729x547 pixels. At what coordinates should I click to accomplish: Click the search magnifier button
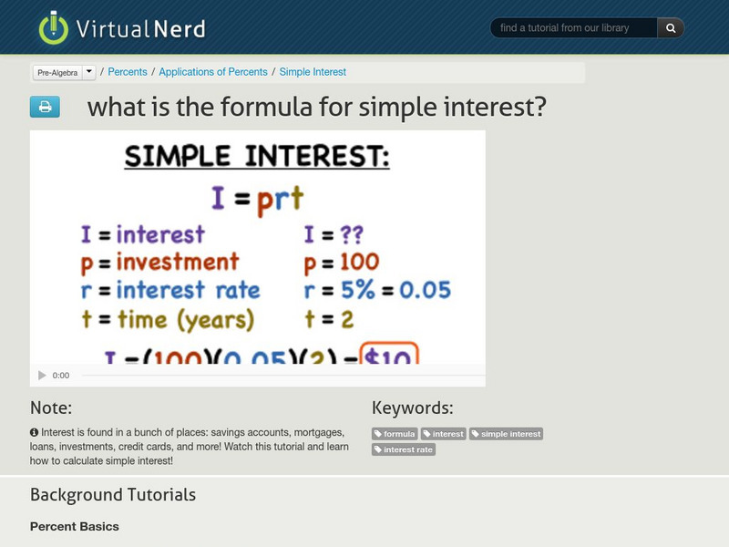tap(671, 28)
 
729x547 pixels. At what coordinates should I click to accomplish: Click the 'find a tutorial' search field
tap(574, 28)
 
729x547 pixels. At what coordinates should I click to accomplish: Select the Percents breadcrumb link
tap(128, 72)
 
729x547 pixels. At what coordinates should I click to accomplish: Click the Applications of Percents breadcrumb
tap(214, 72)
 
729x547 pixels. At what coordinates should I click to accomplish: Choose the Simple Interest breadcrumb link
tap(313, 72)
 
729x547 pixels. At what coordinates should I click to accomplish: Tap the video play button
tap(42, 375)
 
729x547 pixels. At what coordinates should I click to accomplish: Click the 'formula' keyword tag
tap(395, 434)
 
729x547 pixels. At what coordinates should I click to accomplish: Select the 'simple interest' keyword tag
tap(506, 434)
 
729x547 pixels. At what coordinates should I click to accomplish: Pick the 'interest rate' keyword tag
tap(404, 449)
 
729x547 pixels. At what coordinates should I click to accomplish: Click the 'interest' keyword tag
tap(443, 434)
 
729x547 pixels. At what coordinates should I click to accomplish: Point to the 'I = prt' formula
tap(256, 198)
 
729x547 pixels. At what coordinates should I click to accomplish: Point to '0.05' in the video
tap(425, 291)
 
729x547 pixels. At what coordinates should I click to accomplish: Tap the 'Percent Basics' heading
tap(75, 526)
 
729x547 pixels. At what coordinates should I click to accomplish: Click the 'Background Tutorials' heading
tap(113, 495)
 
